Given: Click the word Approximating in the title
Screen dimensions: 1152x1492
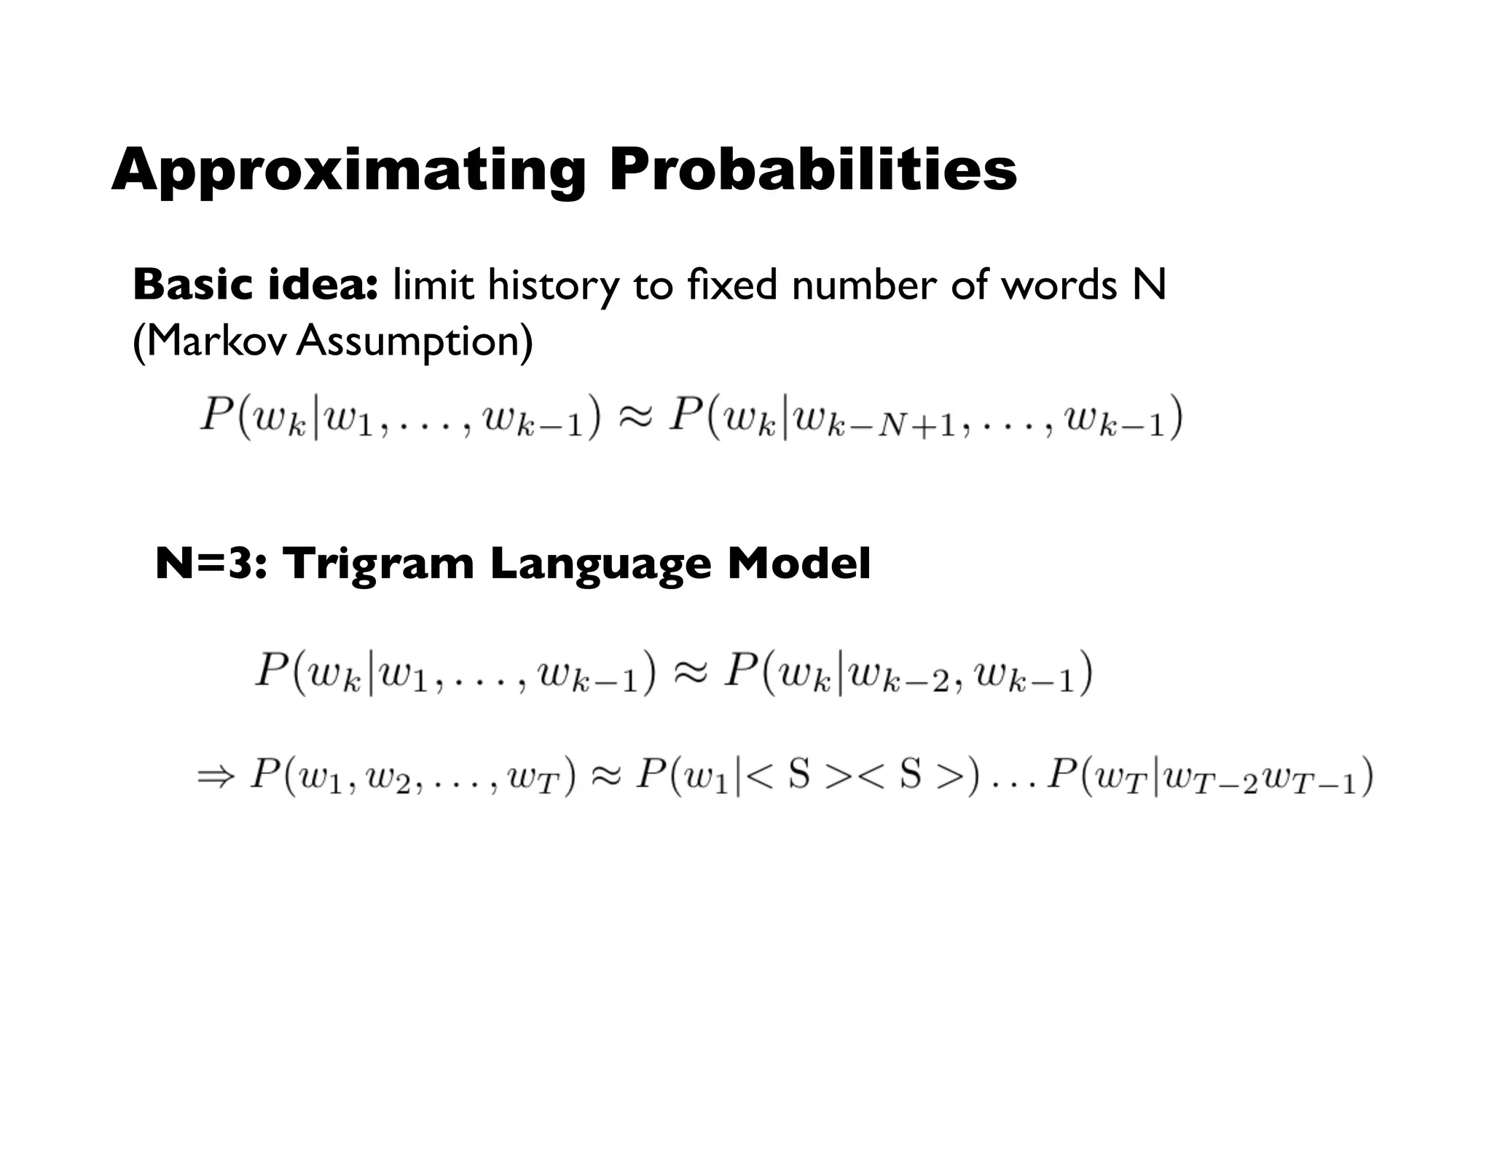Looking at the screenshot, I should (x=348, y=170).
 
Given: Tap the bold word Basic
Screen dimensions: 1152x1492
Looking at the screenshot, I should (x=192, y=285).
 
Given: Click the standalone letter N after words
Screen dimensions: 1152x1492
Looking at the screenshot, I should (x=1149, y=285).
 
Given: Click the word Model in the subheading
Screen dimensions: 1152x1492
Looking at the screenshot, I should (x=798, y=564).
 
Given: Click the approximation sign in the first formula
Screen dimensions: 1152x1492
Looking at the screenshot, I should (x=635, y=418).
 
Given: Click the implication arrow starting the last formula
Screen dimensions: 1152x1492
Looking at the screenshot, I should (x=216, y=776).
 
